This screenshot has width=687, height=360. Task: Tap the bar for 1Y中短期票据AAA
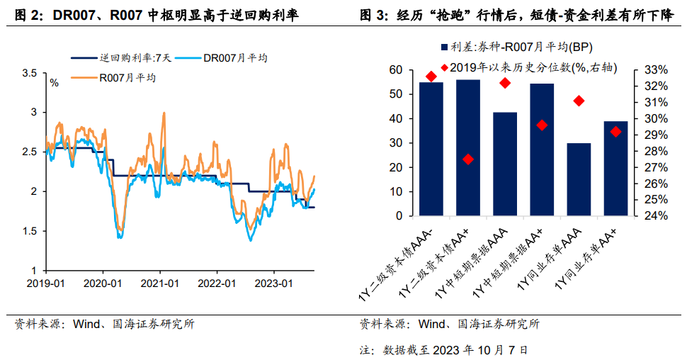pos(505,164)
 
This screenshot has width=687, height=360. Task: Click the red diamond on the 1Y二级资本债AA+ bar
pos(468,159)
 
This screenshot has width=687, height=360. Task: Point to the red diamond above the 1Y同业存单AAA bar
pos(579,101)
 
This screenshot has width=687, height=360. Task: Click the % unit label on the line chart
pos(54,83)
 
